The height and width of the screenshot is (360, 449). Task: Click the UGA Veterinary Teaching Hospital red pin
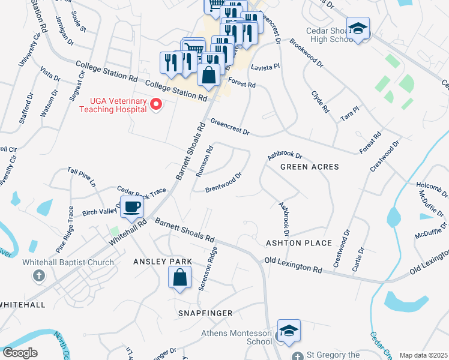click(156, 105)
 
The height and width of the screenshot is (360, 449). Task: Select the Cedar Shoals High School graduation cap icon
click(358, 28)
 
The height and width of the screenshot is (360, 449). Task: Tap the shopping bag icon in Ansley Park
click(179, 277)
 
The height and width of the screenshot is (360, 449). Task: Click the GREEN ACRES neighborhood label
click(310, 167)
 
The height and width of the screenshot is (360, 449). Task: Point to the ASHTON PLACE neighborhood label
click(299, 242)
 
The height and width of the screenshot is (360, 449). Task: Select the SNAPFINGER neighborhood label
click(205, 313)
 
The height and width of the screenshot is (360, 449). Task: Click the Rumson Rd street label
click(205, 161)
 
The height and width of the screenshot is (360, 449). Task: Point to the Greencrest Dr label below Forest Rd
click(229, 126)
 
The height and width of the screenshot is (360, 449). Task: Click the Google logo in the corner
click(20, 353)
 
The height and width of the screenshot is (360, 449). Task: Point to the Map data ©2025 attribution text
click(423, 355)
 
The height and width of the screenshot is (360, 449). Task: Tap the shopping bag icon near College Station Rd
click(208, 76)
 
